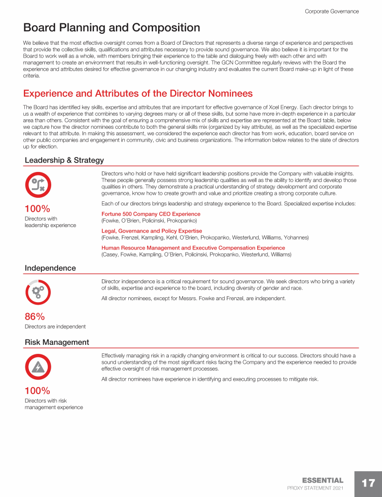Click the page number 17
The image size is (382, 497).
tap(368, 483)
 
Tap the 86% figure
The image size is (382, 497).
tap(35, 317)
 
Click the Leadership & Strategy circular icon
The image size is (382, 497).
tap(38, 185)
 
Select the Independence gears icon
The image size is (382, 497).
tap(38, 293)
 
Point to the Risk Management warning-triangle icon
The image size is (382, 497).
tap(38, 367)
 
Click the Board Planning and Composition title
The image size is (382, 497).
tap(111, 28)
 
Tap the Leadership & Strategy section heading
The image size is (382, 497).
tap(64, 160)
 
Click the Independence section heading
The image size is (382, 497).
tap(50, 268)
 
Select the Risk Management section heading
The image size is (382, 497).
tap(57, 342)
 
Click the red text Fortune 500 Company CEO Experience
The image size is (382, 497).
tap(151, 214)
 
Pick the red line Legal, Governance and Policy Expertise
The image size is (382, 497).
tap(152, 231)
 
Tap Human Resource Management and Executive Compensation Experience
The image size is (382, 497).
tap(193, 248)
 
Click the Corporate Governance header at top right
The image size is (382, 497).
tap(331, 11)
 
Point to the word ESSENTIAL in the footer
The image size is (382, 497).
tap(322, 480)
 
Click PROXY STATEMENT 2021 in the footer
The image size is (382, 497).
tap(315, 489)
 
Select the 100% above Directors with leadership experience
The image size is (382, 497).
tap(37, 209)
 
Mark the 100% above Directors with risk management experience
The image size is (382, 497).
tap(37, 391)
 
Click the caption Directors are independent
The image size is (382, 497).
tap(55, 327)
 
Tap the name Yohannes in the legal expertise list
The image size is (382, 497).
tap(296, 238)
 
